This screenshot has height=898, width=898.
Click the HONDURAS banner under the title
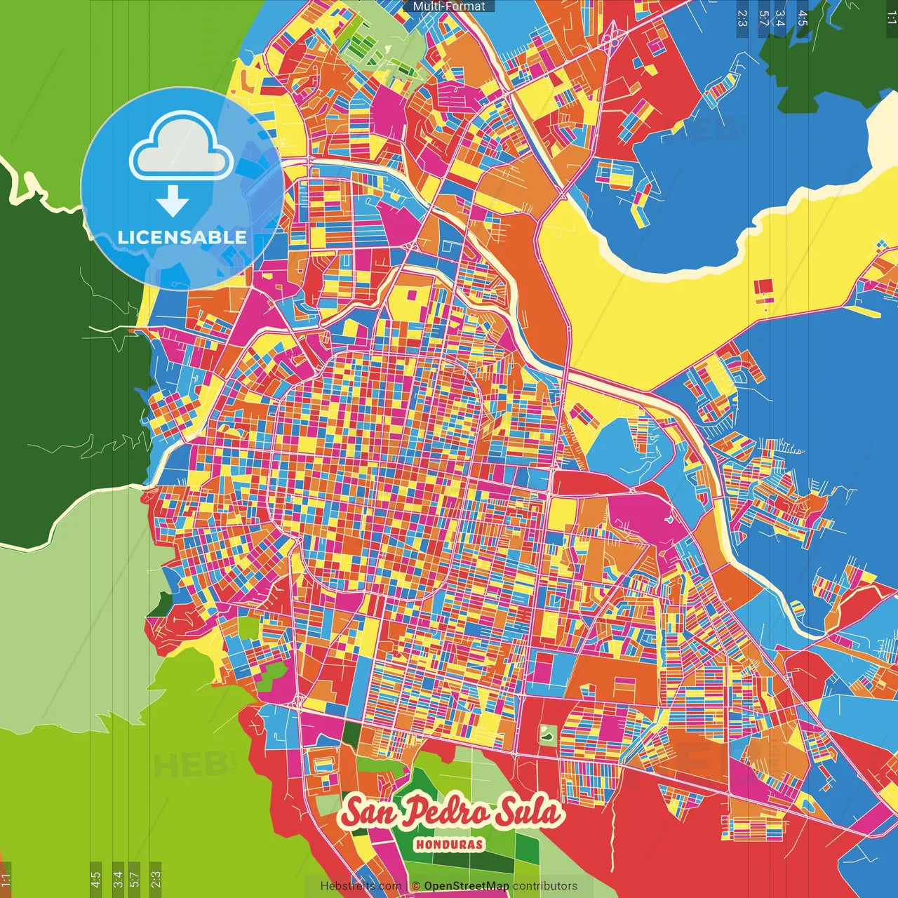pyautogui.click(x=449, y=844)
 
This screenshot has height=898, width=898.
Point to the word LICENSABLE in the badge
pyautogui.click(x=182, y=237)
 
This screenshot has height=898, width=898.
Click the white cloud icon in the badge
pyautogui.click(x=182, y=149)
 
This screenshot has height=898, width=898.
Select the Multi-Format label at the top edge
pyautogui.click(x=449, y=6)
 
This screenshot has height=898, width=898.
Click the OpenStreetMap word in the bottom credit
pyautogui.click(x=467, y=886)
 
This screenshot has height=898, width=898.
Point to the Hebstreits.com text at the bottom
pyautogui.click(x=361, y=886)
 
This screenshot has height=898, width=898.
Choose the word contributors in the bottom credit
pyautogui.click(x=545, y=886)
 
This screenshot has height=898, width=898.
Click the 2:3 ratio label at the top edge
pyautogui.click(x=742, y=18)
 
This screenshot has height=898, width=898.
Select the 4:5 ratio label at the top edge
pyautogui.click(x=803, y=18)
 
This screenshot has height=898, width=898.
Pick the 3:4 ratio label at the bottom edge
pyautogui.click(x=118, y=879)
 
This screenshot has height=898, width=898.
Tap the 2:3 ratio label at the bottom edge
pyautogui.click(x=156, y=879)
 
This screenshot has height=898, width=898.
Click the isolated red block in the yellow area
pyautogui.click(x=763, y=287)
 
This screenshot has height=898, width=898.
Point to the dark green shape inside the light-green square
pyautogui.click(x=547, y=735)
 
